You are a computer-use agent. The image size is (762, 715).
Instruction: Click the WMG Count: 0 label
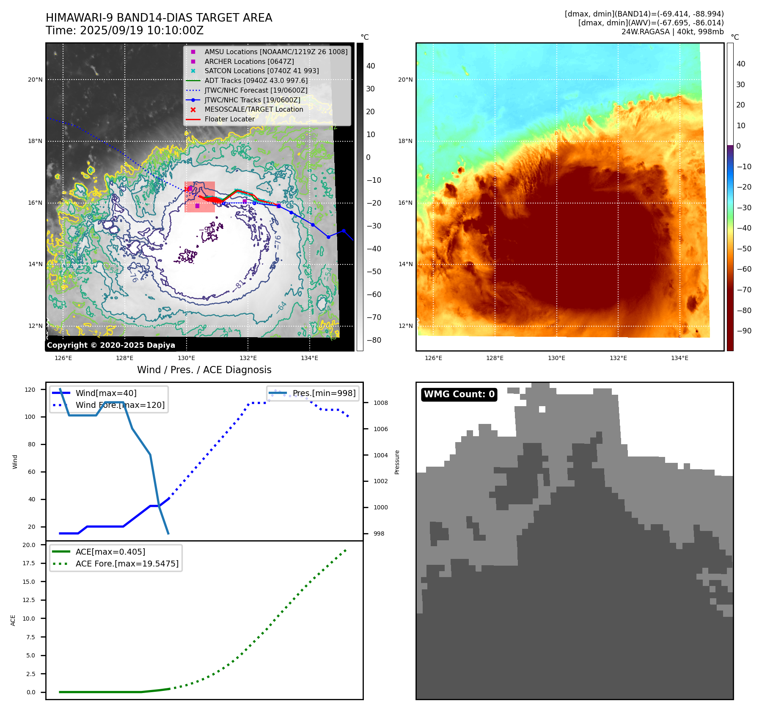[459, 394]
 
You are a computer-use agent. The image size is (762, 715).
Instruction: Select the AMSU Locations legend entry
[275, 52]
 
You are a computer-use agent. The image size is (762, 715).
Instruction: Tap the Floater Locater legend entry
[229, 119]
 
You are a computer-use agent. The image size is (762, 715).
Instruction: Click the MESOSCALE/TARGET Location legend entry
[253, 110]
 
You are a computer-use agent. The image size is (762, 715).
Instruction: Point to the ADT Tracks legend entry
[256, 80]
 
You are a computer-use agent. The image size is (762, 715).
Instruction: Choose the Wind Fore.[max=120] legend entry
[120, 405]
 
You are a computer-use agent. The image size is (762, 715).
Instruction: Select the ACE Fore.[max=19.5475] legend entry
[127, 564]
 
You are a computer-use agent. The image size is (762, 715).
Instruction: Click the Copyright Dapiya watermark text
[111, 345]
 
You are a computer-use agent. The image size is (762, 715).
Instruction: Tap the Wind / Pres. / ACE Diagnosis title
[204, 370]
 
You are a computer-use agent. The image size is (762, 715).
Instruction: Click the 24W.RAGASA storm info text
[672, 32]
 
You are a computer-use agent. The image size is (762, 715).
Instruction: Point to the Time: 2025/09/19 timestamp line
[125, 30]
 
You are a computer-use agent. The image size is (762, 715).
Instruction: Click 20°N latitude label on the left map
[36, 80]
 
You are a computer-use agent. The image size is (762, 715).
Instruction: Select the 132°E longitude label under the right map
[618, 358]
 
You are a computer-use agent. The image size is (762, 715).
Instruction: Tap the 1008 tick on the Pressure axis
[380, 403]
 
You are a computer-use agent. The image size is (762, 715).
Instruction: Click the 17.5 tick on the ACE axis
[29, 563]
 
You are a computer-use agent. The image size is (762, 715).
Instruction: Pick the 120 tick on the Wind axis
[30, 390]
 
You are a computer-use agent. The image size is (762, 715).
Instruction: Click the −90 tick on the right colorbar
[744, 331]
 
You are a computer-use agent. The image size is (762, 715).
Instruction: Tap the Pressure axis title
[397, 462]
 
